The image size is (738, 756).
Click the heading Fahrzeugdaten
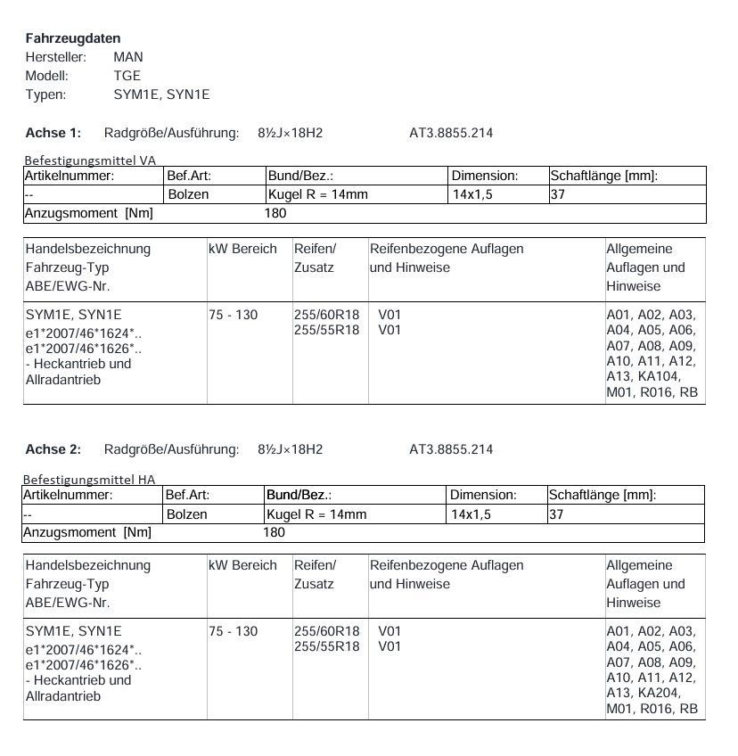pos(73,38)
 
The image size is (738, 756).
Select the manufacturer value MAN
pos(127,57)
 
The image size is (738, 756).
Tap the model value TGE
pos(127,76)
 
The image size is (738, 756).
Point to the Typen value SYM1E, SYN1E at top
pos(161,94)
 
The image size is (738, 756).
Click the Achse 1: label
pos(53,133)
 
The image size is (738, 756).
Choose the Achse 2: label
pos(53,449)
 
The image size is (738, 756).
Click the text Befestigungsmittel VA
pos(90,160)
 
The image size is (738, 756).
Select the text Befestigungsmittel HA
pos(89,480)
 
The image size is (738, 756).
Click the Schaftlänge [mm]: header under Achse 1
pos(603,176)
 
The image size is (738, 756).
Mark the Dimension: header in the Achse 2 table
pos(483,495)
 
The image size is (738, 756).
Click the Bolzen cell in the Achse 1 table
pos(188,194)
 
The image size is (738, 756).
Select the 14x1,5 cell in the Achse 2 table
pos(471,514)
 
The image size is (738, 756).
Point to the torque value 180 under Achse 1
pos(275,214)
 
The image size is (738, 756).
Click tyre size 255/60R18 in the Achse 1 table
pos(326,315)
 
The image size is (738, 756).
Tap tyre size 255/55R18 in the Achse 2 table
pos(326,646)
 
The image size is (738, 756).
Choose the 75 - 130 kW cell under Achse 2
pos(233,631)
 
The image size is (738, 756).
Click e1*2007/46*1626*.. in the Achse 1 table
pos(84,348)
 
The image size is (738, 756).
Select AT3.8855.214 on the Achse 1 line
pos(451,133)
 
